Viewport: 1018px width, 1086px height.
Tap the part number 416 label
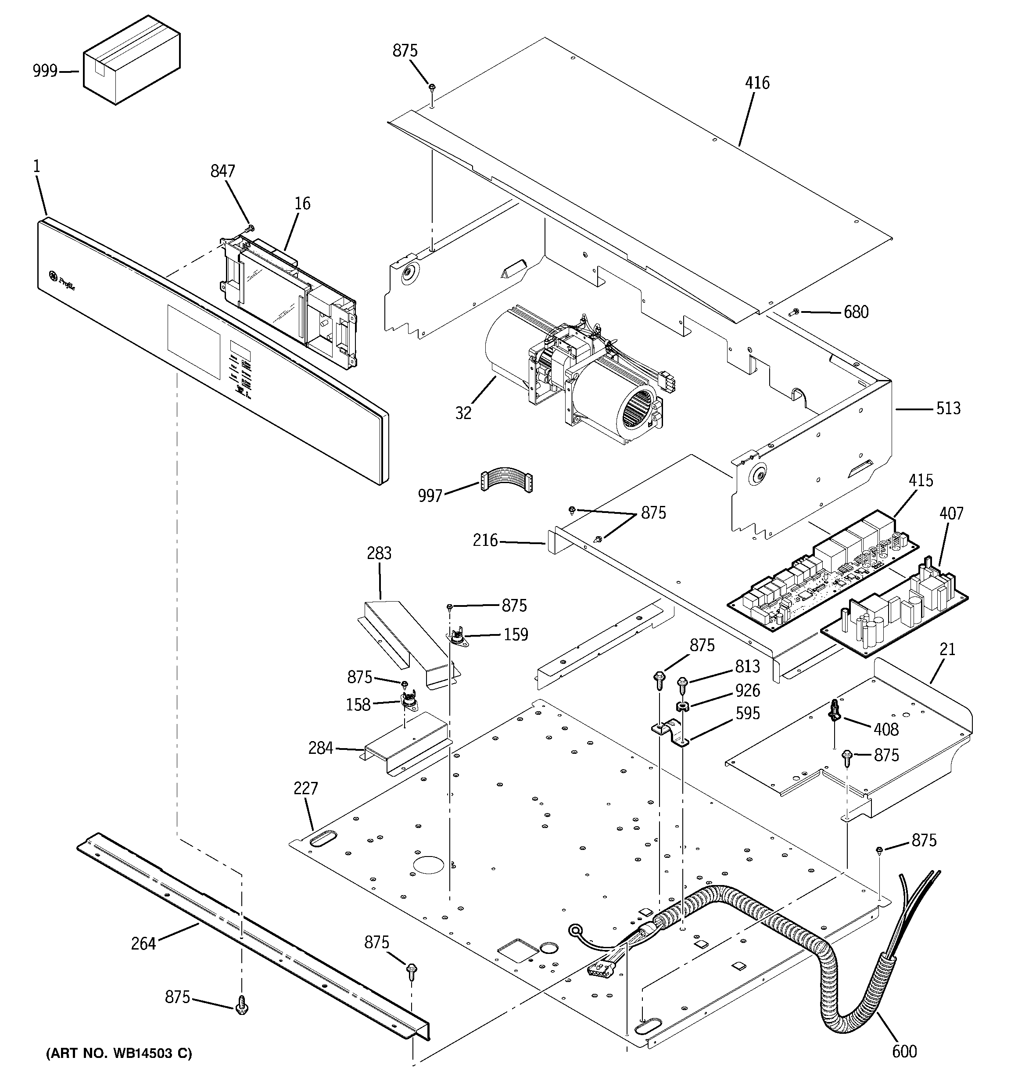757,83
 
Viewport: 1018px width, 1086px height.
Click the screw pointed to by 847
250,228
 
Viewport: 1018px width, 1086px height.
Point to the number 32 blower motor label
463,413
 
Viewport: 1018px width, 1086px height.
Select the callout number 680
856,312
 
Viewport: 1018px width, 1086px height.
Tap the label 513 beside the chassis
948,409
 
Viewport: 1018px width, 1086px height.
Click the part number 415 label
921,481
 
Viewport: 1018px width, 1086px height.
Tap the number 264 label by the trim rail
143,943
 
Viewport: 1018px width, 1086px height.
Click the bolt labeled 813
682,683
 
